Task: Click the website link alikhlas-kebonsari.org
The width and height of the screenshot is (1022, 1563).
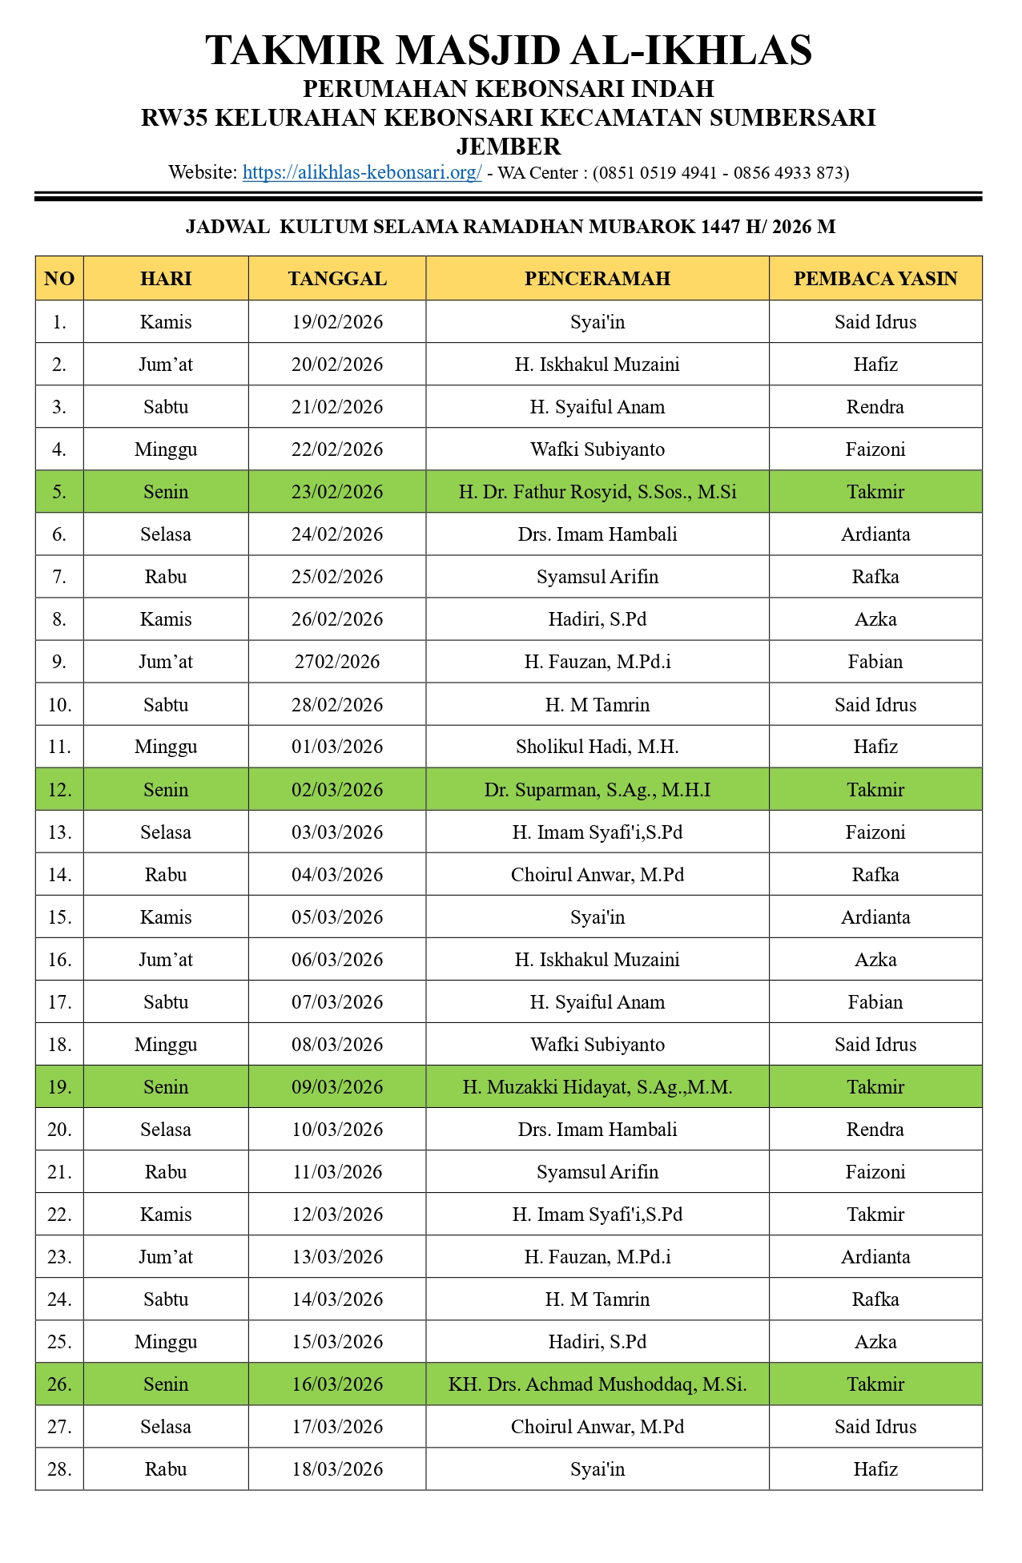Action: (362, 173)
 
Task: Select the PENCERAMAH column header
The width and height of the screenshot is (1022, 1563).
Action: (597, 279)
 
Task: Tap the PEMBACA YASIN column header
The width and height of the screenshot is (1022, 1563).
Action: (875, 279)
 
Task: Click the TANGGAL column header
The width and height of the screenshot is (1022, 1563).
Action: (337, 279)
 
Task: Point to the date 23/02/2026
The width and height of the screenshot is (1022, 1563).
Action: (337, 492)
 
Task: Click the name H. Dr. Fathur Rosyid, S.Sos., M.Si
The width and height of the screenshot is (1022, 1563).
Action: (597, 492)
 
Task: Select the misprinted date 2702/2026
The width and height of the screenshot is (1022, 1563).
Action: (337, 662)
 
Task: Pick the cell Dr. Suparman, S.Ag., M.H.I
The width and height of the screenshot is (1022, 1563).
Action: (597, 790)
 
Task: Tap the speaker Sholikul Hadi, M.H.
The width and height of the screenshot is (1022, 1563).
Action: (597, 747)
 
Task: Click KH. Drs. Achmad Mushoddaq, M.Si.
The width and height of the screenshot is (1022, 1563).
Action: (597, 1384)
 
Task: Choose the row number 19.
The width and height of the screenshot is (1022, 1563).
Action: (59, 1087)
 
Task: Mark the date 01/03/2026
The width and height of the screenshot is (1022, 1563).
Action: (337, 747)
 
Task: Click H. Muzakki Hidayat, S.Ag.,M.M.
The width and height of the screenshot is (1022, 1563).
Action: (597, 1087)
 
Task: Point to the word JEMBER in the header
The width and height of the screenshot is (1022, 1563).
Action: (509, 147)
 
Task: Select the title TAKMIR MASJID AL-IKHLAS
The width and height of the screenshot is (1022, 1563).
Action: (509, 50)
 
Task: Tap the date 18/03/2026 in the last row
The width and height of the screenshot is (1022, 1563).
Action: (337, 1469)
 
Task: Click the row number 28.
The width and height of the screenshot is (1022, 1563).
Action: (59, 1469)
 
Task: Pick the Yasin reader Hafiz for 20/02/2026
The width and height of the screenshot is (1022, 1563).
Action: (875, 365)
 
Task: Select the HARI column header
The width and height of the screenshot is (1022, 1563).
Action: (166, 279)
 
